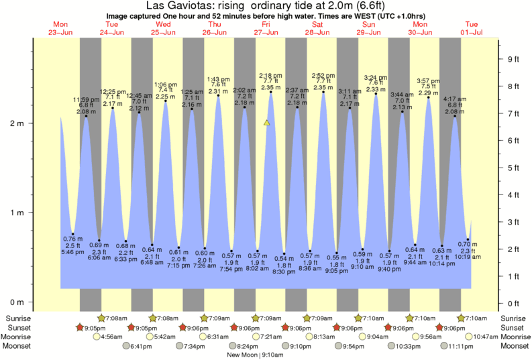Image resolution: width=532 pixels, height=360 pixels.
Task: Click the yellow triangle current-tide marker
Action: pos(267,123)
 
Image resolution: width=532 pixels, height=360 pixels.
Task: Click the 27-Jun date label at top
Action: pos(266,32)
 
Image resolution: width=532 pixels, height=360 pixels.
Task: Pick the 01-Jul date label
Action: pos(471,32)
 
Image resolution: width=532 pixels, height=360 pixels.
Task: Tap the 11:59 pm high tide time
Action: pos(86,100)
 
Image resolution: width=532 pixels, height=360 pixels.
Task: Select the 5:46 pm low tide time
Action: pos(72,251)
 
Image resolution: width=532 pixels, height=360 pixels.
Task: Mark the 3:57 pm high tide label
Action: pos(429,80)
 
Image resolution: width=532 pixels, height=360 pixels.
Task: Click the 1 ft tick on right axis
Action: pos(513,276)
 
